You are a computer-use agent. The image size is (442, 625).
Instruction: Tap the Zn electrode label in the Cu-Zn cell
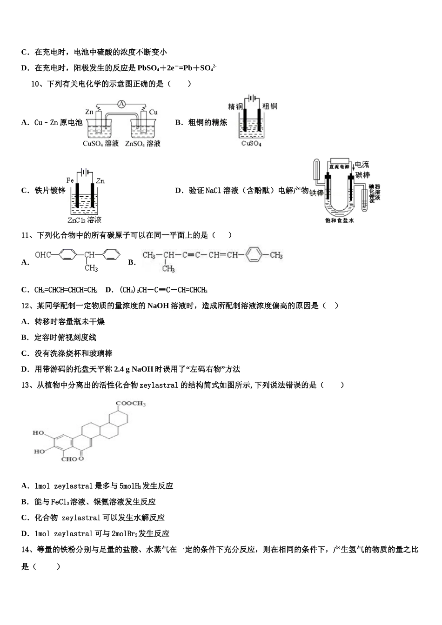pos(89,112)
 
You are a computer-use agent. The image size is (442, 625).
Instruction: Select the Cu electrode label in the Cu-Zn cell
pos(154,112)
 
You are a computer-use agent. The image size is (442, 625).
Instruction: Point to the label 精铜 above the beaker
pos(235,106)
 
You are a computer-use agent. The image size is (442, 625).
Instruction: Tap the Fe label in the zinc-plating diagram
pos(70,180)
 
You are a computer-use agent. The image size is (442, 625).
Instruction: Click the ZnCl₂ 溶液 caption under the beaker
pos(85,220)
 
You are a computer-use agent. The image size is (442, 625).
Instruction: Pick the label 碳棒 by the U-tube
pos(362,175)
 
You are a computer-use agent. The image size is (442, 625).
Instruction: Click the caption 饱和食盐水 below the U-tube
pos(340,220)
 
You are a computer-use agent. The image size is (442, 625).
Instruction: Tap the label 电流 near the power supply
pos(362,165)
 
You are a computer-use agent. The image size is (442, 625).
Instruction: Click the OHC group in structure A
pos(42,254)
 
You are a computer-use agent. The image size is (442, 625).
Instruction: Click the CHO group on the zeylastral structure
pos(69,459)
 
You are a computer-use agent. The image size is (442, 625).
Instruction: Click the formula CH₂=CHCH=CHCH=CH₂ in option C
pos(66,290)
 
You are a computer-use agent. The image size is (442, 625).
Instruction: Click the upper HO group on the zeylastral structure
pos(38,433)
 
